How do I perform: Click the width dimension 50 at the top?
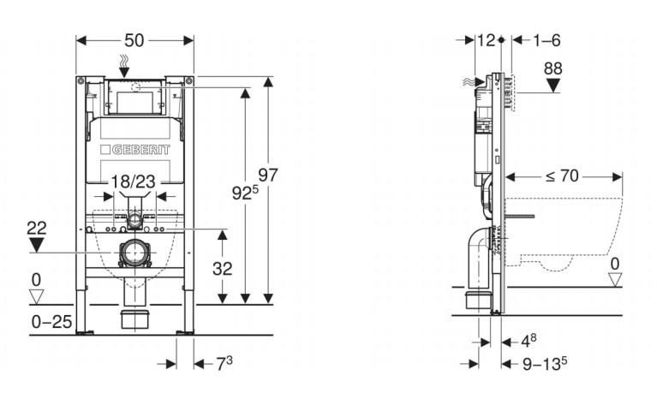(134, 40)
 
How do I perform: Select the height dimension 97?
(269, 175)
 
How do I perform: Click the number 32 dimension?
(223, 268)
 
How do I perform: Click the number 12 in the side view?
(486, 39)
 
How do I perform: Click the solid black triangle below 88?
(552, 86)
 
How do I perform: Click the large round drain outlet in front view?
(134, 253)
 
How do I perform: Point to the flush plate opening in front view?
(134, 101)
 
